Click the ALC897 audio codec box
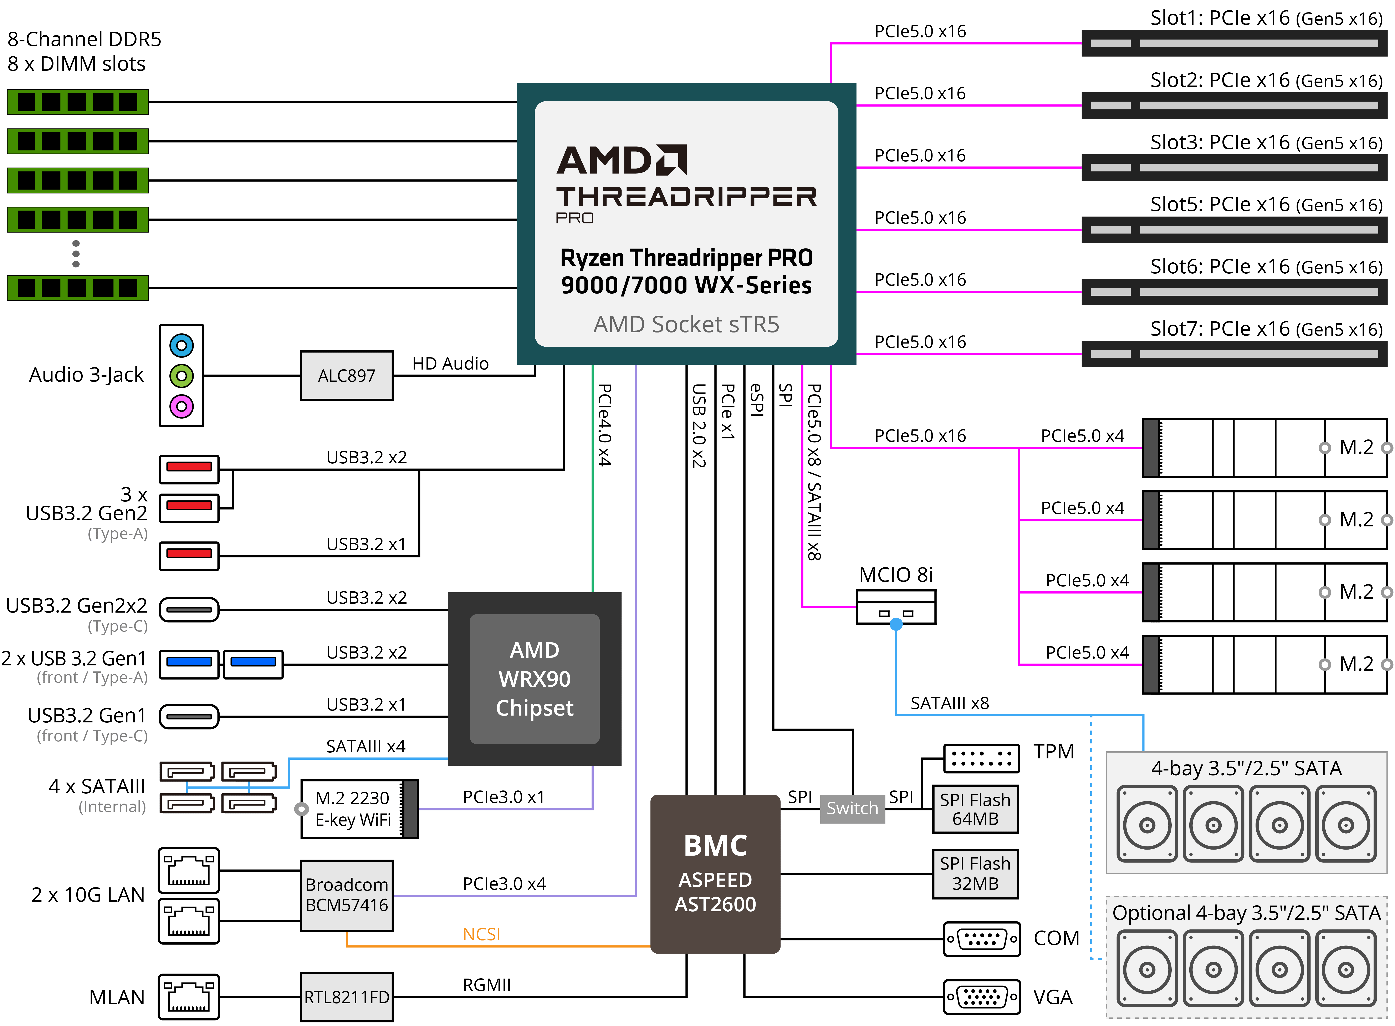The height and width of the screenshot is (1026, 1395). pyautogui.click(x=347, y=376)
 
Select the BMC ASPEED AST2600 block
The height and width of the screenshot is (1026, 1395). pyautogui.click(x=715, y=874)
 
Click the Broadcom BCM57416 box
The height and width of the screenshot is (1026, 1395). pyautogui.click(x=347, y=895)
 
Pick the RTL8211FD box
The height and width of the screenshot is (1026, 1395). pyautogui.click(x=347, y=997)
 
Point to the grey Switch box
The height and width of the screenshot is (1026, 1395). pyautogui.click(x=852, y=809)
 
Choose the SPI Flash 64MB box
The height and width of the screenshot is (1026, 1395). pyautogui.click(x=975, y=809)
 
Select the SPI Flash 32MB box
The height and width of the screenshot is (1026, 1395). pyautogui.click(x=975, y=873)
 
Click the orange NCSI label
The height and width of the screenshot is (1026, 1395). pyautogui.click(x=481, y=934)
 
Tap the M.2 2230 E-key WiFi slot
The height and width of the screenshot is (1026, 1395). pyautogui.click(x=353, y=809)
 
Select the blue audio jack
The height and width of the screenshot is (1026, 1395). pyautogui.click(x=181, y=345)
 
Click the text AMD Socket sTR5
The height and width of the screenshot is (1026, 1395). pyautogui.click(x=686, y=324)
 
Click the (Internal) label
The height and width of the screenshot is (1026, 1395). pyautogui.click(x=112, y=807)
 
